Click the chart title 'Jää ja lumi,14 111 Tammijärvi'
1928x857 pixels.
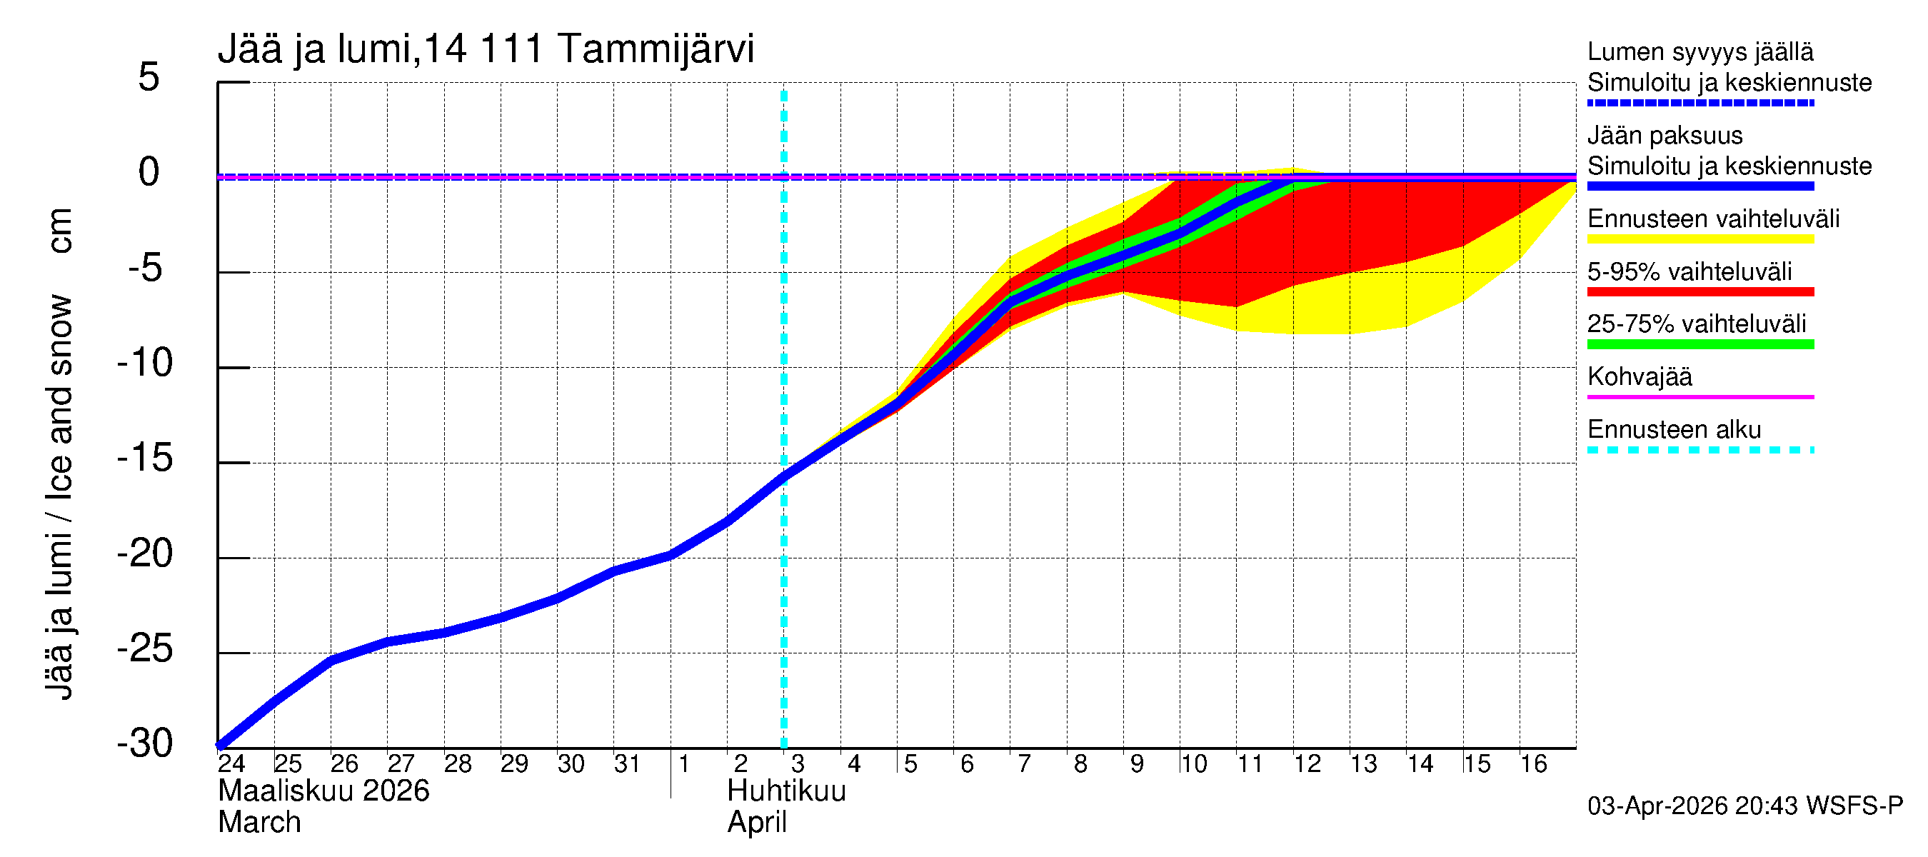pos(486,49)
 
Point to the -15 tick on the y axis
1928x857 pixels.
pos(145,457)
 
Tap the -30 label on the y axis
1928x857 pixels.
pos(145,743)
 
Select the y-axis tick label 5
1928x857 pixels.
pos(149,77)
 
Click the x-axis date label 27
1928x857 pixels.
pos(401,763)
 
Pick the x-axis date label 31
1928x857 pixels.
pos(627,763)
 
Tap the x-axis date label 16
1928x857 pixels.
pos(1533,763)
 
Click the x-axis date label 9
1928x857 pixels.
pos(1136,763)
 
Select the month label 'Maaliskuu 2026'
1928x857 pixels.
pos(323,791)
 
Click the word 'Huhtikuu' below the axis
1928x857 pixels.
pos(786,791)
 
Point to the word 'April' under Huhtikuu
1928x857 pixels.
pos(757,823)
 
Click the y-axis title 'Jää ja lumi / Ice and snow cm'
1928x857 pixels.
pos(59,453)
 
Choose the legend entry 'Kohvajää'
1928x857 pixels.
pos(1639,376)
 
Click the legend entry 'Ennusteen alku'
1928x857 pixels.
pos(1674,430)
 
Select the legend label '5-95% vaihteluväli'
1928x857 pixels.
pos(1689,271)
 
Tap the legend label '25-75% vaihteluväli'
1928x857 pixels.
pos(1696,324)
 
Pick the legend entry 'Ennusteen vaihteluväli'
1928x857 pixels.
pos(1713,219)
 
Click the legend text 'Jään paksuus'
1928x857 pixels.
pos(1665,136)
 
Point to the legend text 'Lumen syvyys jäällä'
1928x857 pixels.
pos(1700,51)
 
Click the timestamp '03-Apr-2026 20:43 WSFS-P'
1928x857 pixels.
pos(1744,806)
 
